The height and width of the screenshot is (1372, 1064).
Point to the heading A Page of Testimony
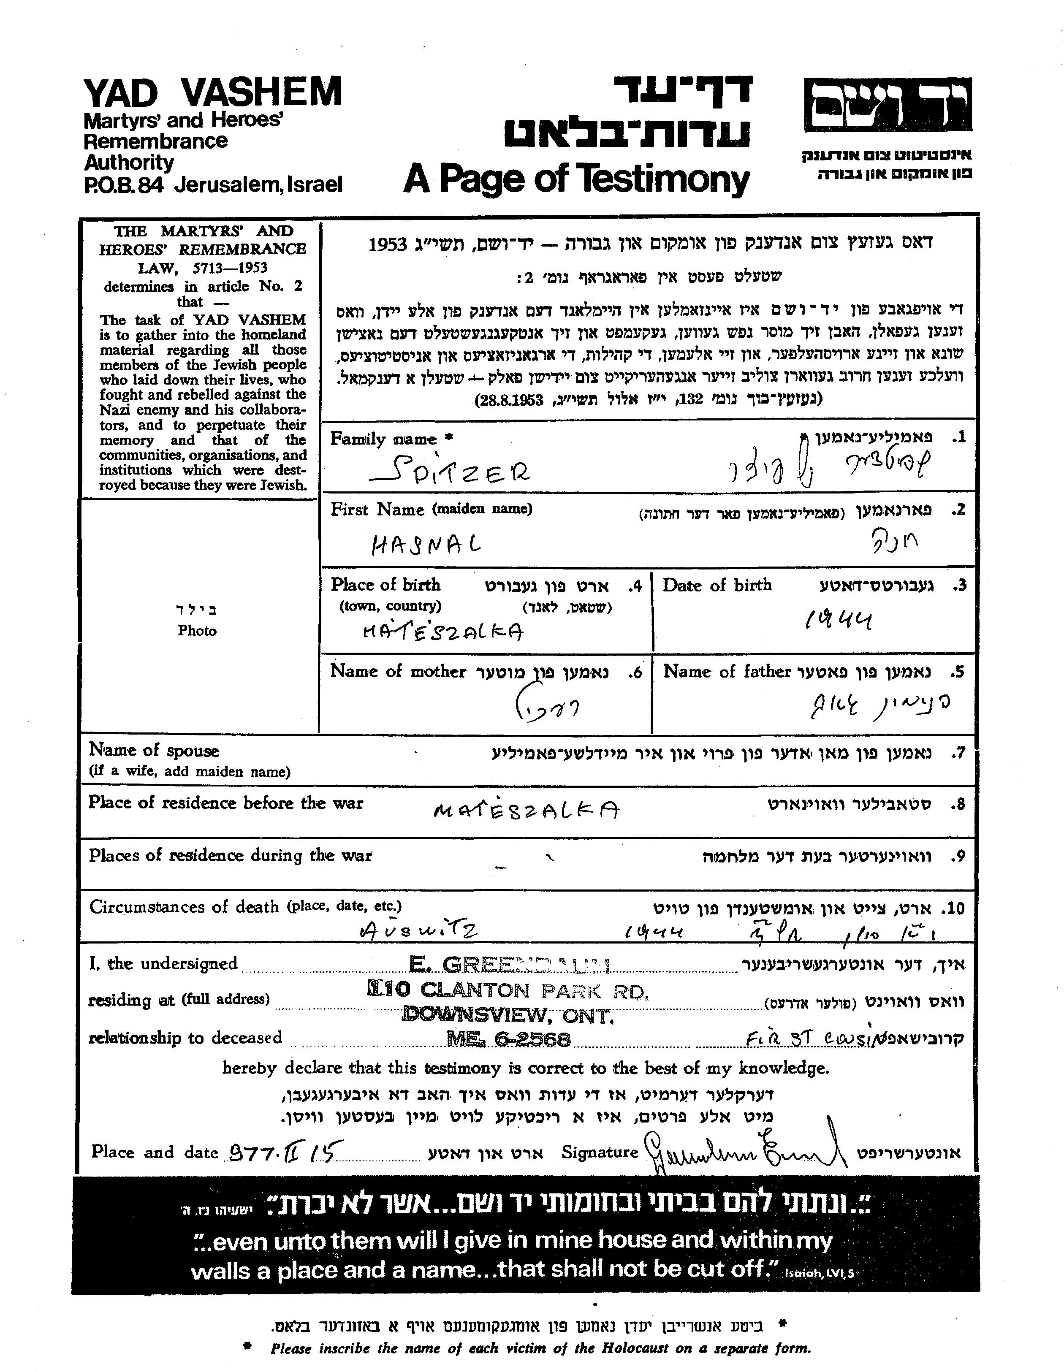coord(576,179)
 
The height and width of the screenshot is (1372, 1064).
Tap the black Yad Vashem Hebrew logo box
coord(888,105)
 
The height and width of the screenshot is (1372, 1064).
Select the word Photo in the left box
coord(197,631)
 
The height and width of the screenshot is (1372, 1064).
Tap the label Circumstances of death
coord(184,906)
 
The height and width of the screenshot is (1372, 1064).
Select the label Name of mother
coord(398,672)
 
